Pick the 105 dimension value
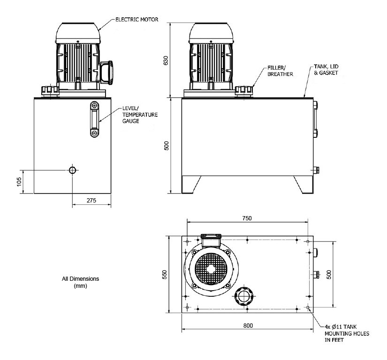point(19,181)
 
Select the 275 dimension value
point(91,200)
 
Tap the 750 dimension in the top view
point(247,218)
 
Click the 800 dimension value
point(248,326)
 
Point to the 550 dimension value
point(165,275)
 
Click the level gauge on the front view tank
point(95,120)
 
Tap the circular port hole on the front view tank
point(72,170)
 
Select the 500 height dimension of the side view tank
point(166,146)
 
